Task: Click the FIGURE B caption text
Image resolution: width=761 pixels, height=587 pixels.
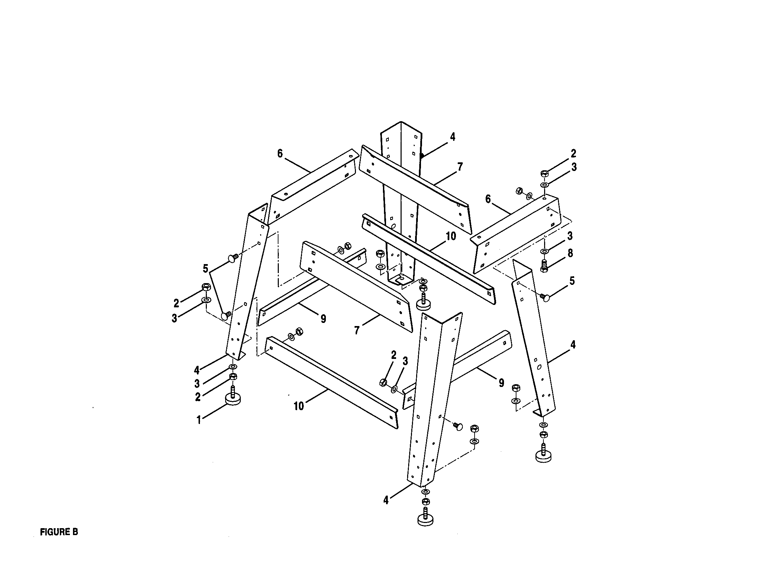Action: pos(59,532)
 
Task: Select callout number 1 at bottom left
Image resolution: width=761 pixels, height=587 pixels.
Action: pos(199,421)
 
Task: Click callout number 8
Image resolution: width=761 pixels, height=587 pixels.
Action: pos(570,253)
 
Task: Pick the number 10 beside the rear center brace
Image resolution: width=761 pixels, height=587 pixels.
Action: pos(450,236)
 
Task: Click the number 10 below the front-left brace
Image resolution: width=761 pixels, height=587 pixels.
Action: pos(299,406)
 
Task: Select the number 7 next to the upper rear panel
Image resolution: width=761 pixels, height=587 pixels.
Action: pos(460,167)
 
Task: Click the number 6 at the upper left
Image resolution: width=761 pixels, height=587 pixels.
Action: pos(280,154)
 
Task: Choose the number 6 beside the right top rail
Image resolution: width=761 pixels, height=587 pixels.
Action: pos(488,199)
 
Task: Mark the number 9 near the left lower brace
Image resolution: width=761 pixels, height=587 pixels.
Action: pos(323,319)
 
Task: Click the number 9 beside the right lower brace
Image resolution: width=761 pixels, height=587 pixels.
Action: pos(501,383)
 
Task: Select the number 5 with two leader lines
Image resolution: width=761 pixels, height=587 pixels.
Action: pos(205,269)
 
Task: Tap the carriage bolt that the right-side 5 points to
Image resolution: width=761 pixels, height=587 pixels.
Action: pos(545,297)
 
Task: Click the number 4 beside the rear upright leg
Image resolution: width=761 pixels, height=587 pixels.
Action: pos(452,137)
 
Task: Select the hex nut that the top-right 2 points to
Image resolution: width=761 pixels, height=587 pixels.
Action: pos(544,173)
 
